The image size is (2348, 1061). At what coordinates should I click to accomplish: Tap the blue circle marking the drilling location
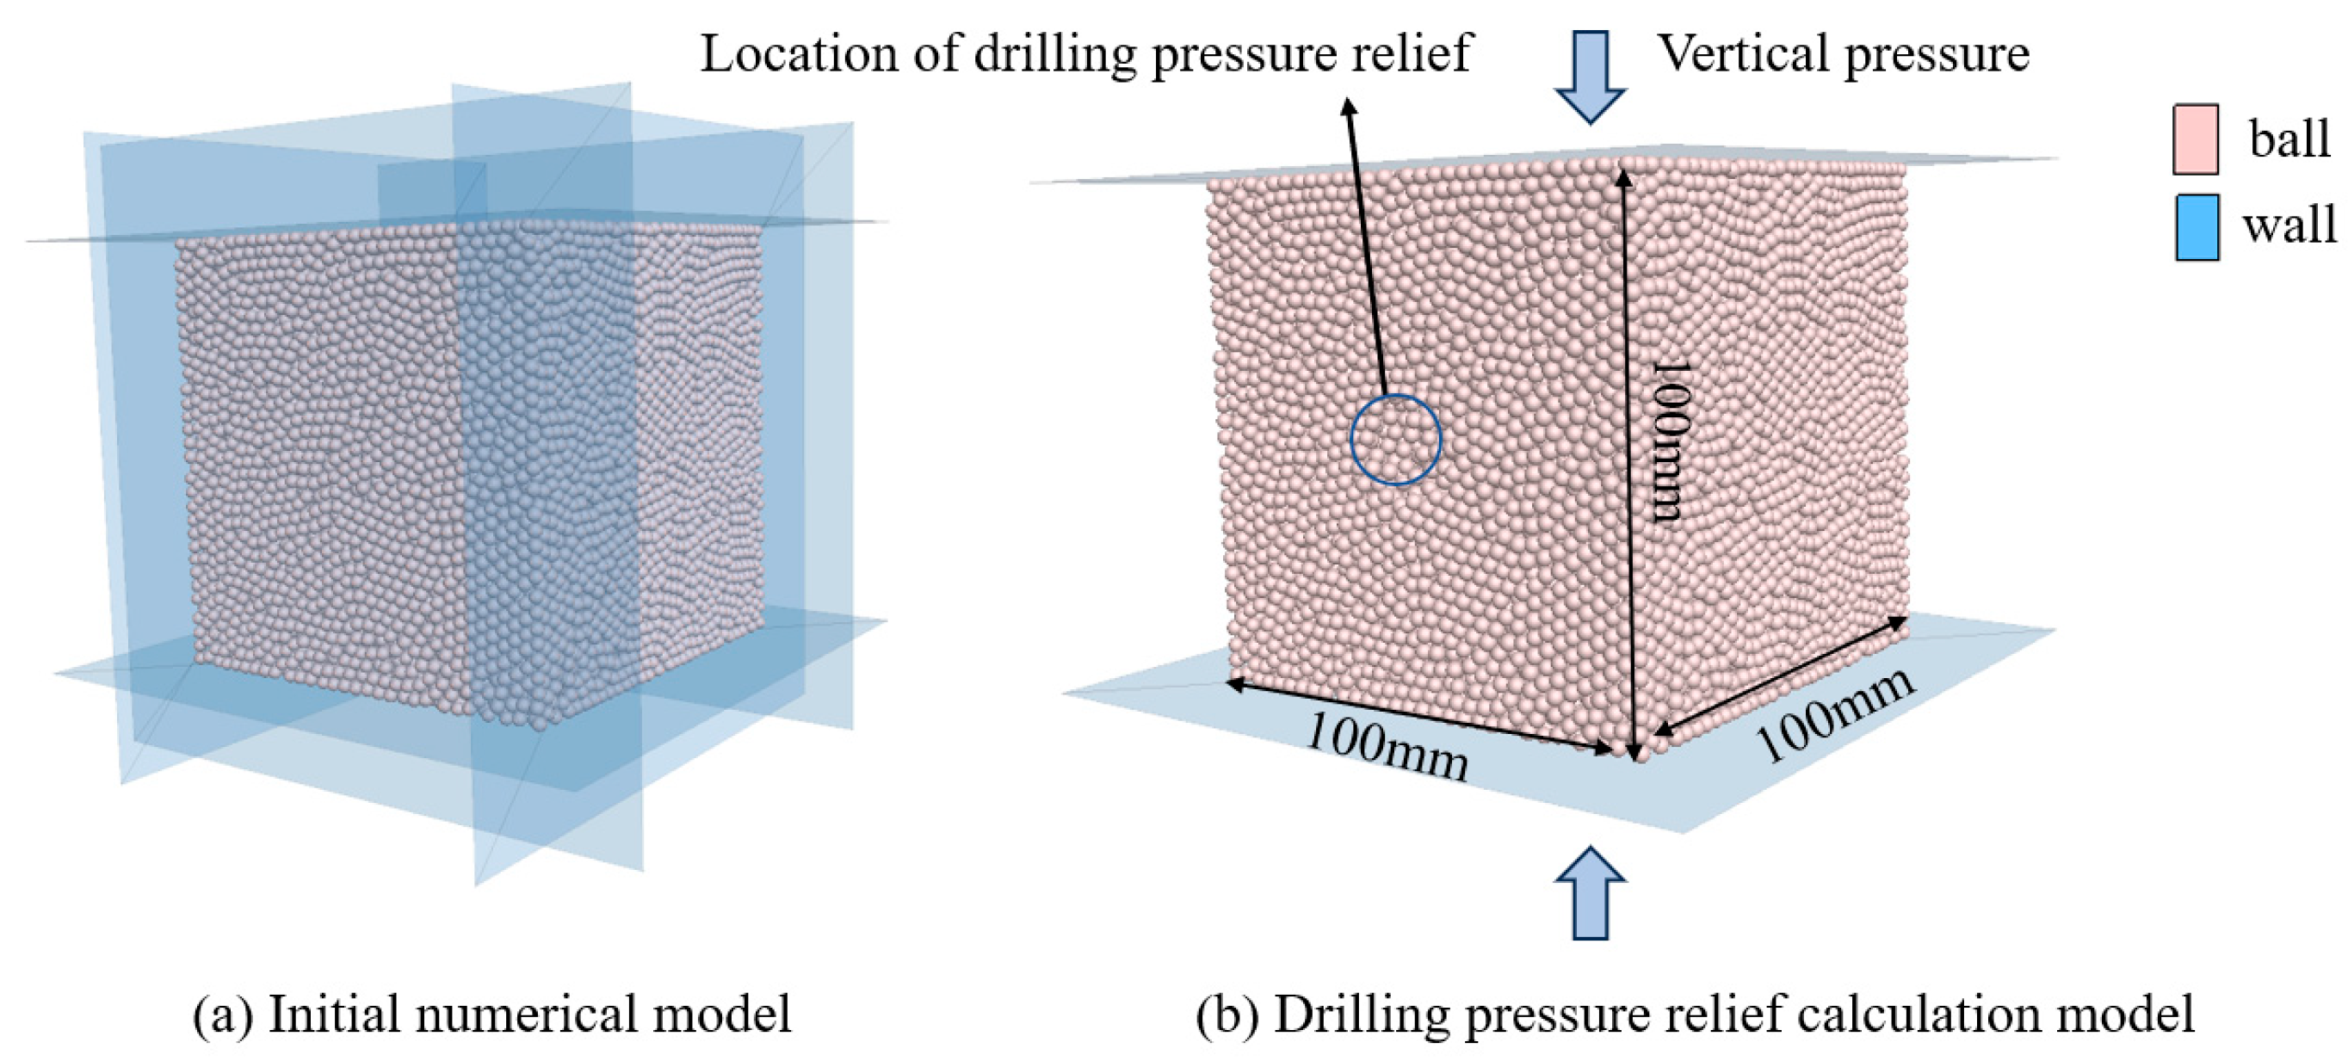[1395, 440]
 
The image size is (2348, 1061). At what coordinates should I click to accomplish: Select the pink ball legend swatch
[2195, 139]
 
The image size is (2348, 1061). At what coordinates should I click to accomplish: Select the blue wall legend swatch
[2197, 227]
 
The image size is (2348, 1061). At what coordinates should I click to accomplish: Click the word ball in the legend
[2289, 139]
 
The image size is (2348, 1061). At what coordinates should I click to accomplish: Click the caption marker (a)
[222, 1014]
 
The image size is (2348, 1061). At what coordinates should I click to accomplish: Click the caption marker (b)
[1226, 1014]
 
